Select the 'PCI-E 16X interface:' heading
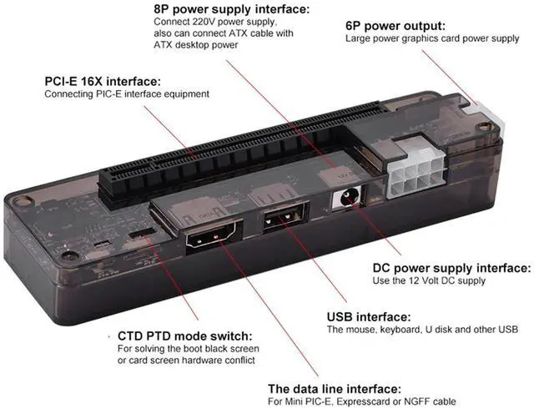coord(103,81)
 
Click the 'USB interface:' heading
coord(368,317)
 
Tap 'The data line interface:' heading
coord(334,389)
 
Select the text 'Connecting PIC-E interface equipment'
coord(126,94)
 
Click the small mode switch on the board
coord(143,230)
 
